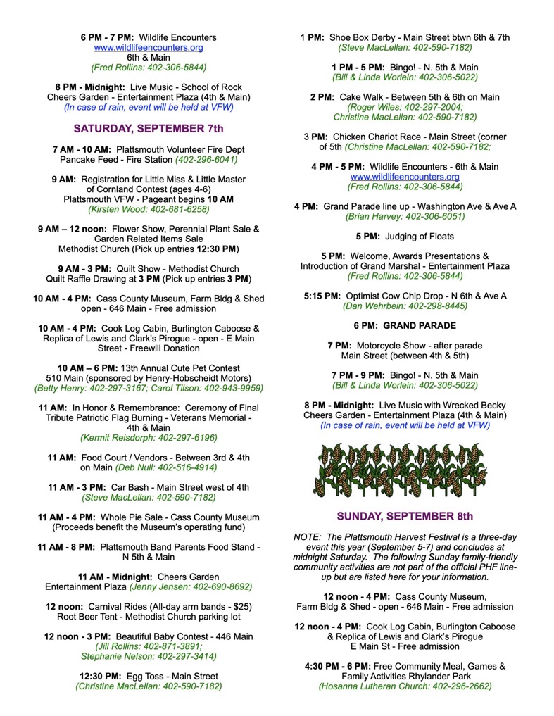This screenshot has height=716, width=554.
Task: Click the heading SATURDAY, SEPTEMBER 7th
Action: (148, 128)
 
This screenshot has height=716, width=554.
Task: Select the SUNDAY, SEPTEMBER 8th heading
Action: (405, 516)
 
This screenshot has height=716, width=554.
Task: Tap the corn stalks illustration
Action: (405, 469)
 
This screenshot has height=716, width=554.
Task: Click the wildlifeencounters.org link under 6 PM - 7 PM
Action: (149, 48)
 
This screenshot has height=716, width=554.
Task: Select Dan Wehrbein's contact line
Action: (405, 306)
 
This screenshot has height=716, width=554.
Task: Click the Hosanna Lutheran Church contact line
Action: (405, 686)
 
